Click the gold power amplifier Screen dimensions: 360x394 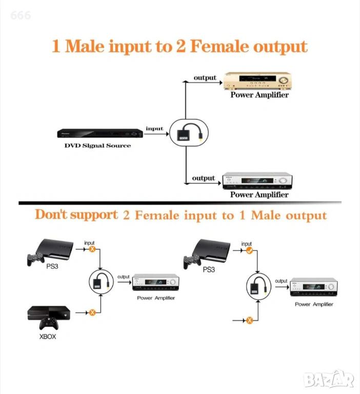257,81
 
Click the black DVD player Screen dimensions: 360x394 100,133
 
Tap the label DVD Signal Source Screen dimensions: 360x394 98,146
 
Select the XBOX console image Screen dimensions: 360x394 49,313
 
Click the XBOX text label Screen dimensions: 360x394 48,337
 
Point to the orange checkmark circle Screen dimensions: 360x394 249,250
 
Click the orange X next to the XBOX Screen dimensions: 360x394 92,312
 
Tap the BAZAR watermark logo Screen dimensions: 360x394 328,379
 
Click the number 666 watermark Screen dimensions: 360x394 21,15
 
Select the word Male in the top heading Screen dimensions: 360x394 85,46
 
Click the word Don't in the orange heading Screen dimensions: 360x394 51,214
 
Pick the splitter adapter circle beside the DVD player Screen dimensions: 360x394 189,133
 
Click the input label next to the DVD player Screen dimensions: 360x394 154,128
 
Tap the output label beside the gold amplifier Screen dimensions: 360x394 205,78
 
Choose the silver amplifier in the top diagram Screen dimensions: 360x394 257,181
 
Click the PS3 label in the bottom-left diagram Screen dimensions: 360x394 52,266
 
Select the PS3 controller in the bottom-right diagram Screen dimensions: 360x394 192,262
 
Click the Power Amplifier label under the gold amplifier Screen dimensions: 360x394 259,95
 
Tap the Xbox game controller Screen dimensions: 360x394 49,323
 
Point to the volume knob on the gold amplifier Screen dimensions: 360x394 284,80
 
